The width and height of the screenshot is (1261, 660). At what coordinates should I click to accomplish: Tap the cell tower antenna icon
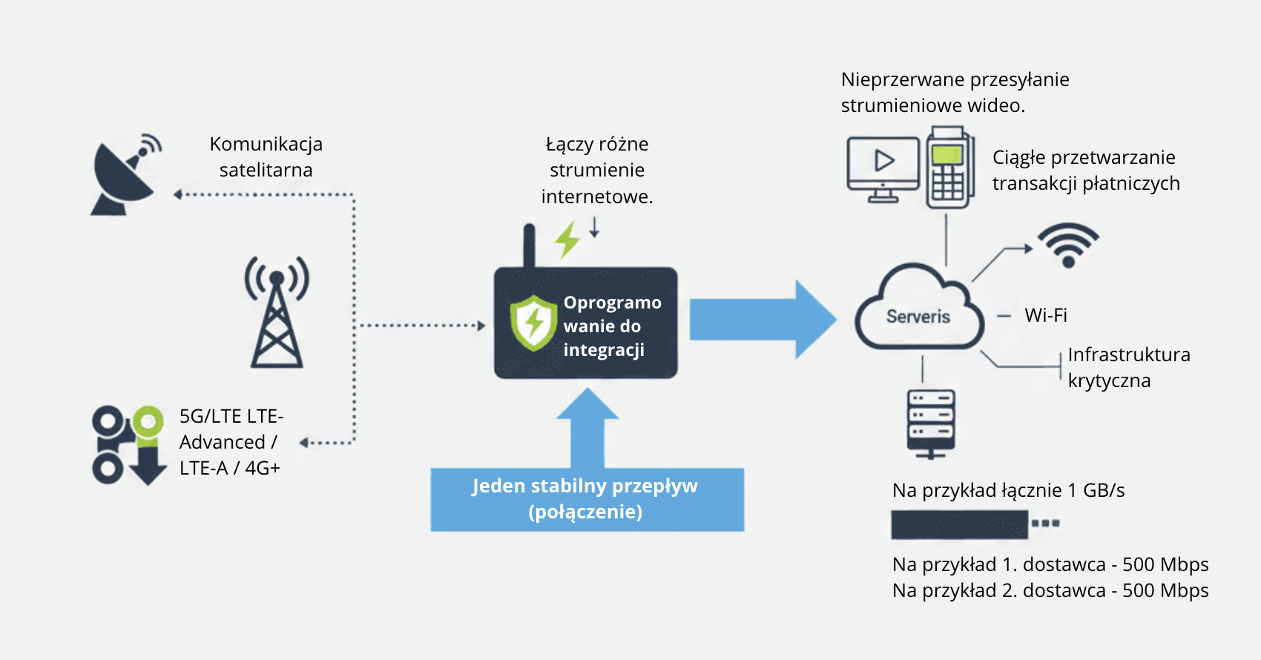(x=277, y=313)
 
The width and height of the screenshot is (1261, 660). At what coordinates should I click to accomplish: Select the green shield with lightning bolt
(x=533, y=323)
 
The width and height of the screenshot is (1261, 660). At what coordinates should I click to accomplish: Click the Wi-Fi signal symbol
(x=1068, y=245)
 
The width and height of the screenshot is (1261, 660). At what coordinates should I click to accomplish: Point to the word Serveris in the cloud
(x=918, y=317)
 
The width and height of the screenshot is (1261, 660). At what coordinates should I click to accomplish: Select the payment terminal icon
(x=948, y=168)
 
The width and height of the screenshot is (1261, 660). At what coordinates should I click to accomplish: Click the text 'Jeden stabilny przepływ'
(x=585, y=486)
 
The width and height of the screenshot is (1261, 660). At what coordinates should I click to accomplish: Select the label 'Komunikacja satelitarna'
(x=266, y=156)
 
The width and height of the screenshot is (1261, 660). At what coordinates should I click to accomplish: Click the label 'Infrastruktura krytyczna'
(x=1128, y=367)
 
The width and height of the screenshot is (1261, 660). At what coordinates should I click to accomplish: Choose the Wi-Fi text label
(x=1046, y=315)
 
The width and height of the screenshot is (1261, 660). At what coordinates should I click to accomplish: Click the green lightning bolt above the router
(x=567, y=240)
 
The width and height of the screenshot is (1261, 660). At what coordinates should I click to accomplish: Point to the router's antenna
(x=529, y=245)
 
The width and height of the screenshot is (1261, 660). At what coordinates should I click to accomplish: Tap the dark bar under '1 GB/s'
(x=960, y=524)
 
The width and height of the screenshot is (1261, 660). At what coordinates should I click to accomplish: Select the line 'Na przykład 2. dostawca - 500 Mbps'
(x=1050, y=590)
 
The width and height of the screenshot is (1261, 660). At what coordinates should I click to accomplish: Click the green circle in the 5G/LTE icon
(x=148, y=421)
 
